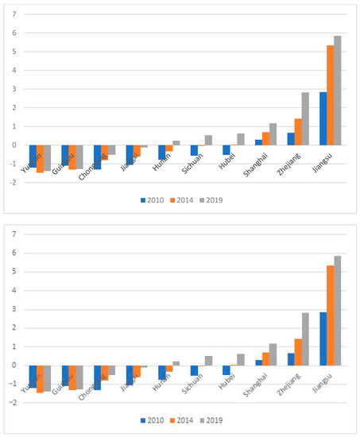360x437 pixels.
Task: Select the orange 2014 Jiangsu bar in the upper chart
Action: (x=330, y=95)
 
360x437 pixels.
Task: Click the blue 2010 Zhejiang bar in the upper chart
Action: (x=291, y=139)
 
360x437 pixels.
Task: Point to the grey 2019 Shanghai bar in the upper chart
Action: (x=273, y=134)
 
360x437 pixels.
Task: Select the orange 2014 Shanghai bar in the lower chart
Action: (x=265, y=359)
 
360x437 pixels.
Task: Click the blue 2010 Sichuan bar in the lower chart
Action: (x=194, y=370)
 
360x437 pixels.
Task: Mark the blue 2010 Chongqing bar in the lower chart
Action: (x=98, y=377)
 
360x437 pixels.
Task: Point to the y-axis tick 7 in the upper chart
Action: (x=14, y=14)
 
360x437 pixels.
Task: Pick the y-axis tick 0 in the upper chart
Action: (x=14, y=145)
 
